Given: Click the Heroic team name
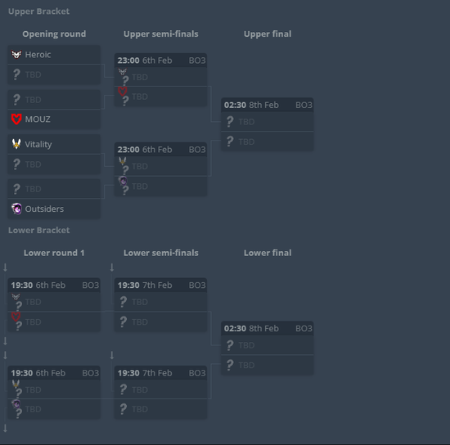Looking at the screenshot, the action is (38, 55).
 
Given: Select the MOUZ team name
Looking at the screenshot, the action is (38, 119).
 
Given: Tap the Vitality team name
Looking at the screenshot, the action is (38, 144).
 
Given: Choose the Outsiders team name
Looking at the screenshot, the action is (44, 209).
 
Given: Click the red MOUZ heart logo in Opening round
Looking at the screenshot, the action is (16, 119).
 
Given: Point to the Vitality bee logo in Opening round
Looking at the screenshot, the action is (16, 144).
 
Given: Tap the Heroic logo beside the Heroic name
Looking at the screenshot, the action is (16, 54).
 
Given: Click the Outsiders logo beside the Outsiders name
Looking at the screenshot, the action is (16, 209).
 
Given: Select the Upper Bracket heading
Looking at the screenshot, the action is (38, 11).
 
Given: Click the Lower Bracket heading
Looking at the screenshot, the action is (38, 231).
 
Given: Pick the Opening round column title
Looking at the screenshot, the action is (54, 34).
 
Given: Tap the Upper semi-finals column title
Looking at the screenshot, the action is (161, 34).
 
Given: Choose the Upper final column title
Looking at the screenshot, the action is (268, 34).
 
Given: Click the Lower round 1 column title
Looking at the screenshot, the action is (54, 253).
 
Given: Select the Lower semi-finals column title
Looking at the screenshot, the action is (161, 253).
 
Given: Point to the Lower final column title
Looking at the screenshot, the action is (268, 253).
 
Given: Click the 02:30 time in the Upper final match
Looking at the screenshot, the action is (235, 105).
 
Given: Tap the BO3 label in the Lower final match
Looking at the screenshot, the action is (304, 329).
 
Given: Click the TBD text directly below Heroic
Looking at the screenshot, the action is (33, 74).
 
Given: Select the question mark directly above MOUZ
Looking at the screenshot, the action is (16, 99).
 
